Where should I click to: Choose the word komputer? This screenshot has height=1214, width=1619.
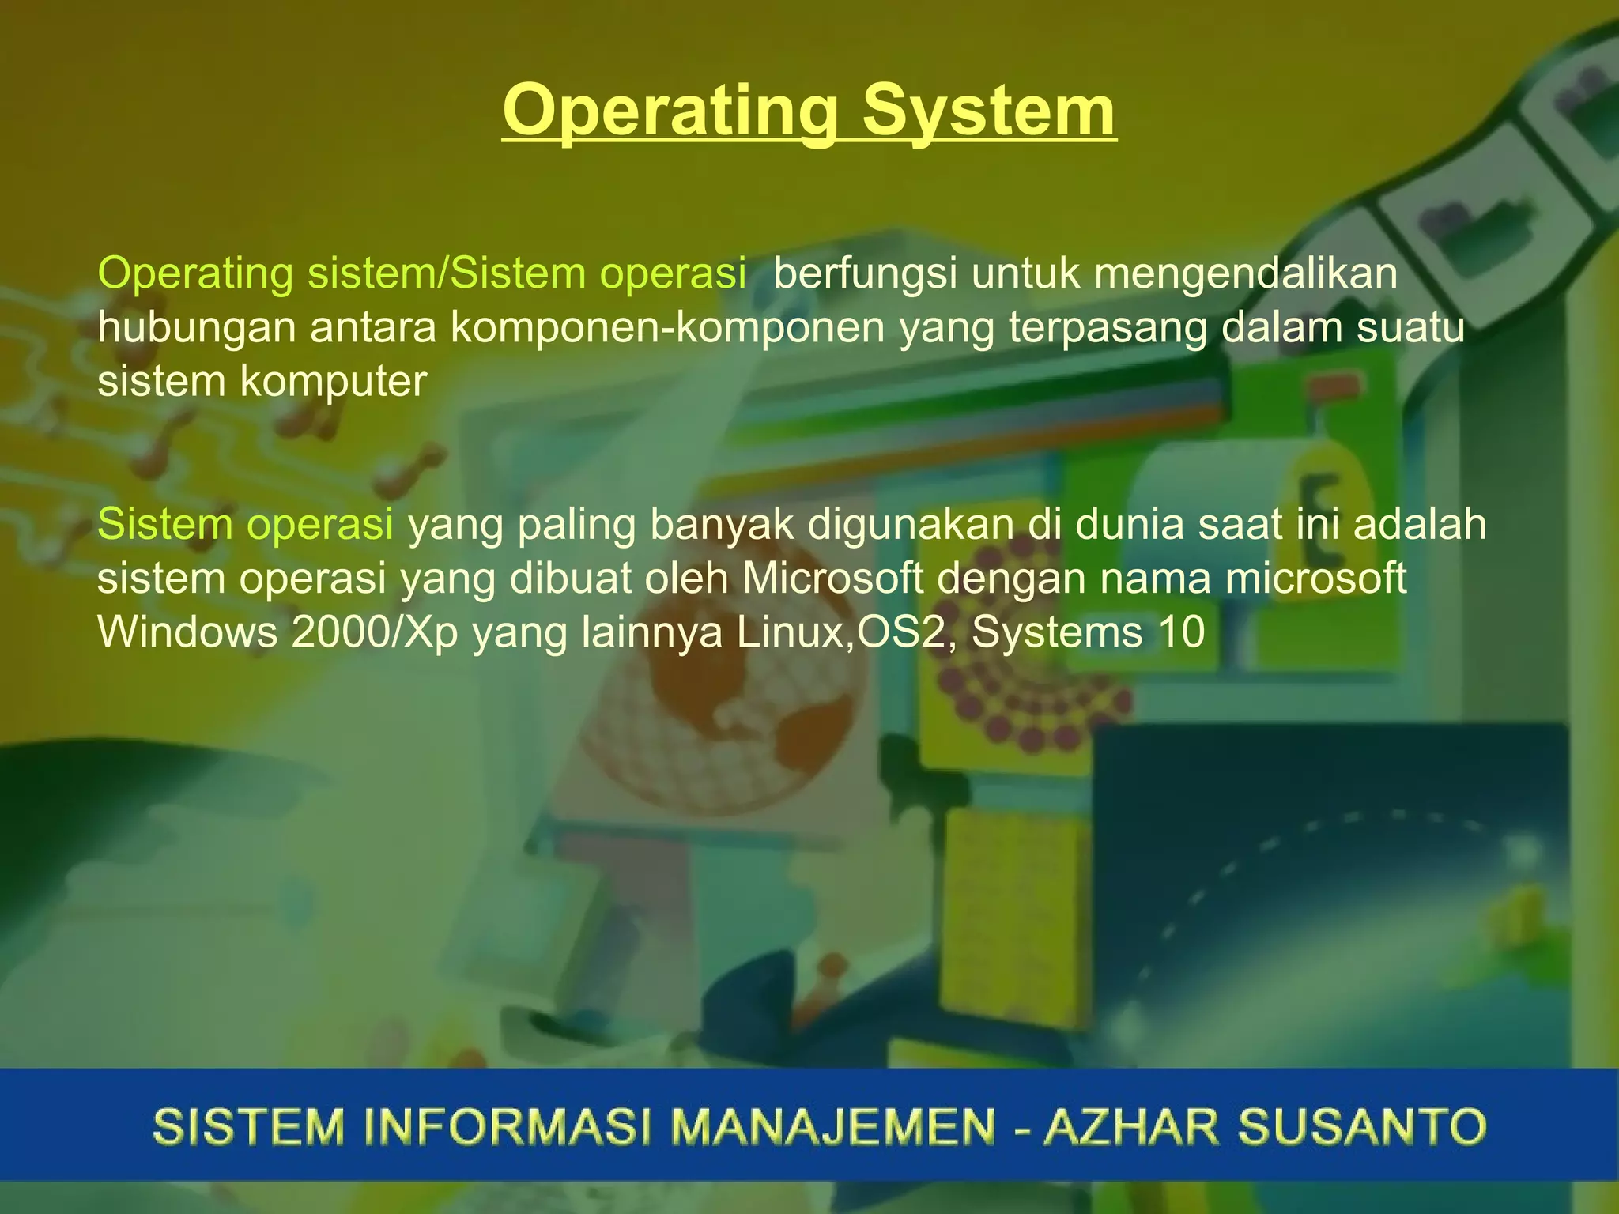(333, 383)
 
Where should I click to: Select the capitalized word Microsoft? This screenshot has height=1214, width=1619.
(832, 579)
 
